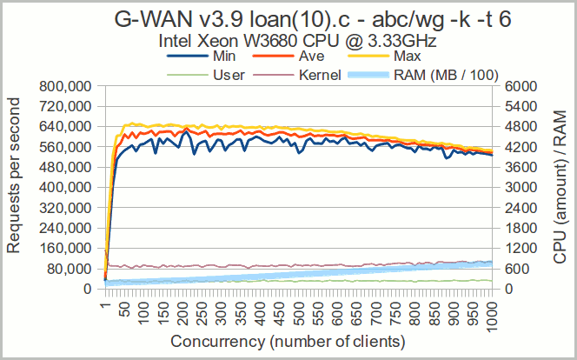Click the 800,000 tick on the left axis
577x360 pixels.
[66, 87]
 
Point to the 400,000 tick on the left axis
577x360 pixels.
[66, 187]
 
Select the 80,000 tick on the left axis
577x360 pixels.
[70, 268]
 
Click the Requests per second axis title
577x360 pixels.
[14, 187]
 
